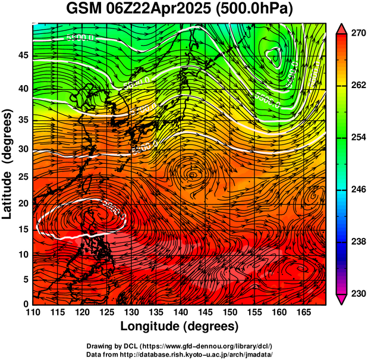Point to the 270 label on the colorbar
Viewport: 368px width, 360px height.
tap(357, 34)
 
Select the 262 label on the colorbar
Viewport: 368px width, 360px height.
tap(357, 86)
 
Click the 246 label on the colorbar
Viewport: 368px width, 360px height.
tap(357, 190)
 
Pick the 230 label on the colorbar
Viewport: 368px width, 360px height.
tap(357, 293)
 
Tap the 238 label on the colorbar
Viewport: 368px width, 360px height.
tap(357, 242)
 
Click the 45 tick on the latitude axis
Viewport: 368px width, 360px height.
tap(22, 55)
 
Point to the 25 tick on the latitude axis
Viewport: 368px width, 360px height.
tap(22, 176)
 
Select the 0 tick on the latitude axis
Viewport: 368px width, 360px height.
tap(25, 304)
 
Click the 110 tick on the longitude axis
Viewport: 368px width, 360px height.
tap(33, 312)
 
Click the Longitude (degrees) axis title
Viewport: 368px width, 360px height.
tap(179, 326)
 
